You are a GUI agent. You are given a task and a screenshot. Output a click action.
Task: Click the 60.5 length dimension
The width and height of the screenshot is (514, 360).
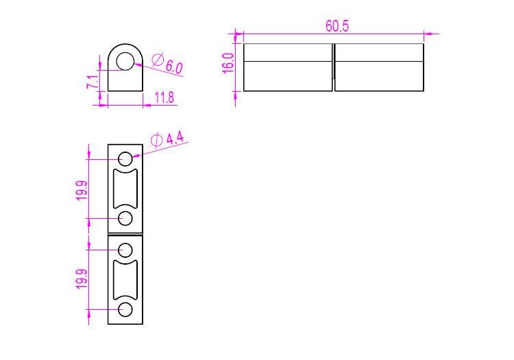(337, 26)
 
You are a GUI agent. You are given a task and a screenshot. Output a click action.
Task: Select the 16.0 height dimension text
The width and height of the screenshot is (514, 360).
(228, 63)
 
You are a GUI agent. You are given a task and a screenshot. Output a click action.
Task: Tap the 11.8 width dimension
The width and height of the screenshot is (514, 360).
(164, 97)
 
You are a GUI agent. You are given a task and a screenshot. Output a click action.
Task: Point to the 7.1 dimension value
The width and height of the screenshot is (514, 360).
(92, 82)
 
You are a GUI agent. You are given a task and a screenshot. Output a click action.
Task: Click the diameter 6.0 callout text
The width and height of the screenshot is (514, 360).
(167, 64)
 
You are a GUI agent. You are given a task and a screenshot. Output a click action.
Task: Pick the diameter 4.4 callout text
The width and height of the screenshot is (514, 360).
(167, 139)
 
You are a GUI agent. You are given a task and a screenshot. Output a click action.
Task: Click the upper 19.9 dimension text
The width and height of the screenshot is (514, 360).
(82, 191)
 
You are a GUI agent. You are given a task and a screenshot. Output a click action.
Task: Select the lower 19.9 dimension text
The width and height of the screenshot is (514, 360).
(82, 279)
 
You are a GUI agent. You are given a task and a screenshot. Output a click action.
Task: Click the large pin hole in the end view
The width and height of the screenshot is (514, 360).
(125, 61)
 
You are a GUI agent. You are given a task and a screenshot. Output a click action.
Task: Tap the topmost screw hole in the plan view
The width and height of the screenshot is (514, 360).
(125, 159)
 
